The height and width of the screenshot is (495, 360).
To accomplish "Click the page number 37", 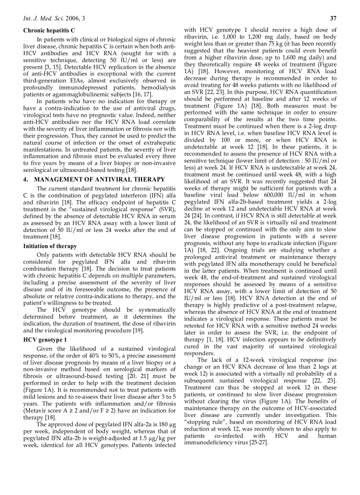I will coord(333,18).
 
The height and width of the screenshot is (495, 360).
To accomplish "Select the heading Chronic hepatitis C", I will coord(49,30).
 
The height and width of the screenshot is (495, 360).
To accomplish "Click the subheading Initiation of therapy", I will coord(50,246).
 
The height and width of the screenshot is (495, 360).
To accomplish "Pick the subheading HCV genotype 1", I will coord(45,339).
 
